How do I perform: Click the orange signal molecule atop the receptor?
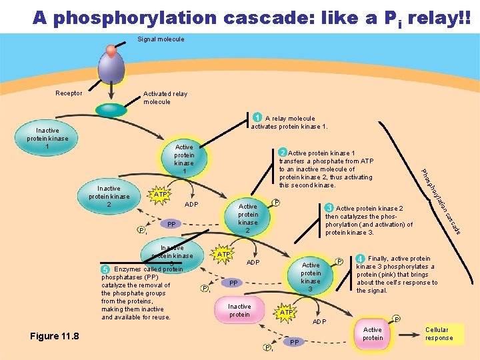pos(111,50)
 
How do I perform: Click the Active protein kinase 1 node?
pos(184,159)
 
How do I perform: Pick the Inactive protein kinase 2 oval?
pos(109,196)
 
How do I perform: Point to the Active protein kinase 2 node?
pos(248,218)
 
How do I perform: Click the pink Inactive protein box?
pos(239,311)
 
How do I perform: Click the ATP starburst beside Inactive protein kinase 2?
pos(160,195)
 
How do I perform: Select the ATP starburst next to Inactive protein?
pos(286,312)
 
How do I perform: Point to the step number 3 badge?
pos(329,208)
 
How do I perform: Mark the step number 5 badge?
pos(105,269)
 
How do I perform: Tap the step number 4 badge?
pos(360,259)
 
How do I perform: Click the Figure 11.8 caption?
pos(55,336)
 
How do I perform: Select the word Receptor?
pos(69,93)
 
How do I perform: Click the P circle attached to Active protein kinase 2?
pos(276,203)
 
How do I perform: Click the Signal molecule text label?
pos(161,39)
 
